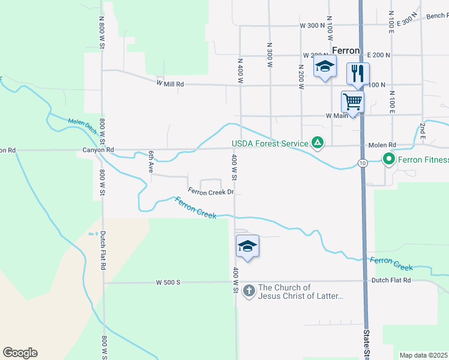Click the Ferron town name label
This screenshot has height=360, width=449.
click(346, 51)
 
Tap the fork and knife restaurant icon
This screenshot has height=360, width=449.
click(357, 73)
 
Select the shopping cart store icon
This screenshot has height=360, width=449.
click(352, 101)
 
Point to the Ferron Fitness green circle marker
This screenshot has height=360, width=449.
click(388, 160)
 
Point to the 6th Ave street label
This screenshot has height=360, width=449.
click(151, 162)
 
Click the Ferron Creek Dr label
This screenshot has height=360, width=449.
click(210, 192)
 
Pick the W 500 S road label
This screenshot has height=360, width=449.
click(168, 281)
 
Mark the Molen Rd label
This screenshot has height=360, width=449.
click(382, 145)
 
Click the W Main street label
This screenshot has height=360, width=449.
click(337, 115)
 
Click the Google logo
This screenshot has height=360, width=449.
click(20, 353)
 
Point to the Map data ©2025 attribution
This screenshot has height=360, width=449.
click(423, 355)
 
